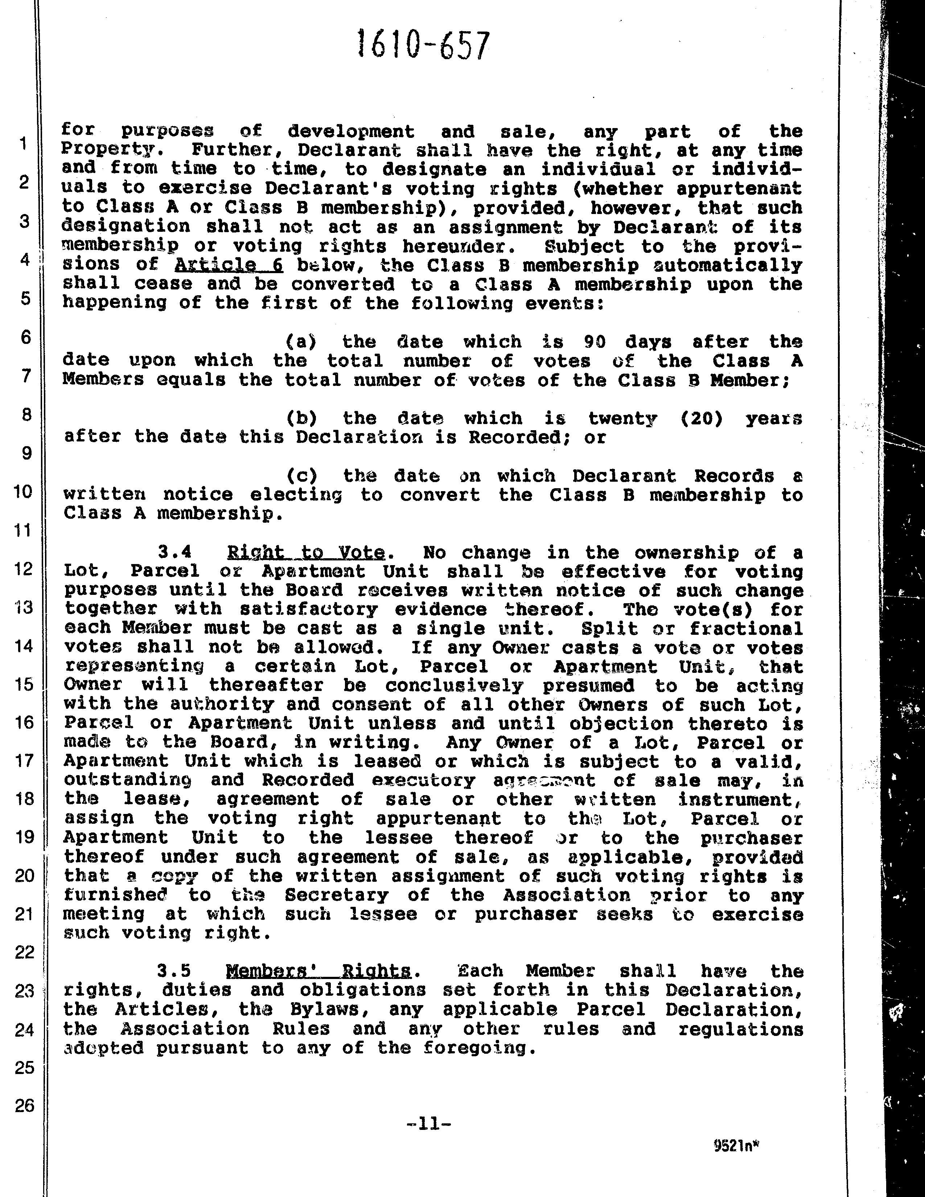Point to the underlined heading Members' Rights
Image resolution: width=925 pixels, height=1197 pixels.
pos(318,971)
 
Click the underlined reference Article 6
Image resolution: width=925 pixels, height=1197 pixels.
pos(229,265)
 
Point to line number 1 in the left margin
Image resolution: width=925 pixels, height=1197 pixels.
pos(23,144)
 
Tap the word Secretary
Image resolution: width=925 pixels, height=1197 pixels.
pos(337,895)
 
